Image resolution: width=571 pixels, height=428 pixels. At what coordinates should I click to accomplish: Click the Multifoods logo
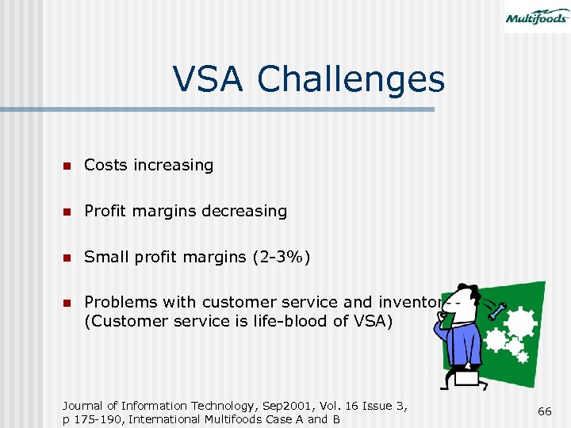(536, 17)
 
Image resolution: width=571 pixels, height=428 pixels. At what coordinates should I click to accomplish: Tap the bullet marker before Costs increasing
(68, 166)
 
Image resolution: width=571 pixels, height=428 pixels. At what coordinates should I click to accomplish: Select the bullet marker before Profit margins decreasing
(68, 212)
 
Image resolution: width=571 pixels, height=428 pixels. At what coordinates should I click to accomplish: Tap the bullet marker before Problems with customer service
(68, 303)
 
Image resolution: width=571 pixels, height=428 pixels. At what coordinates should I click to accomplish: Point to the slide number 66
(544, 411)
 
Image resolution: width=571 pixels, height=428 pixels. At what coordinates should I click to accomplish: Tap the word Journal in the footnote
(86, 406)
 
